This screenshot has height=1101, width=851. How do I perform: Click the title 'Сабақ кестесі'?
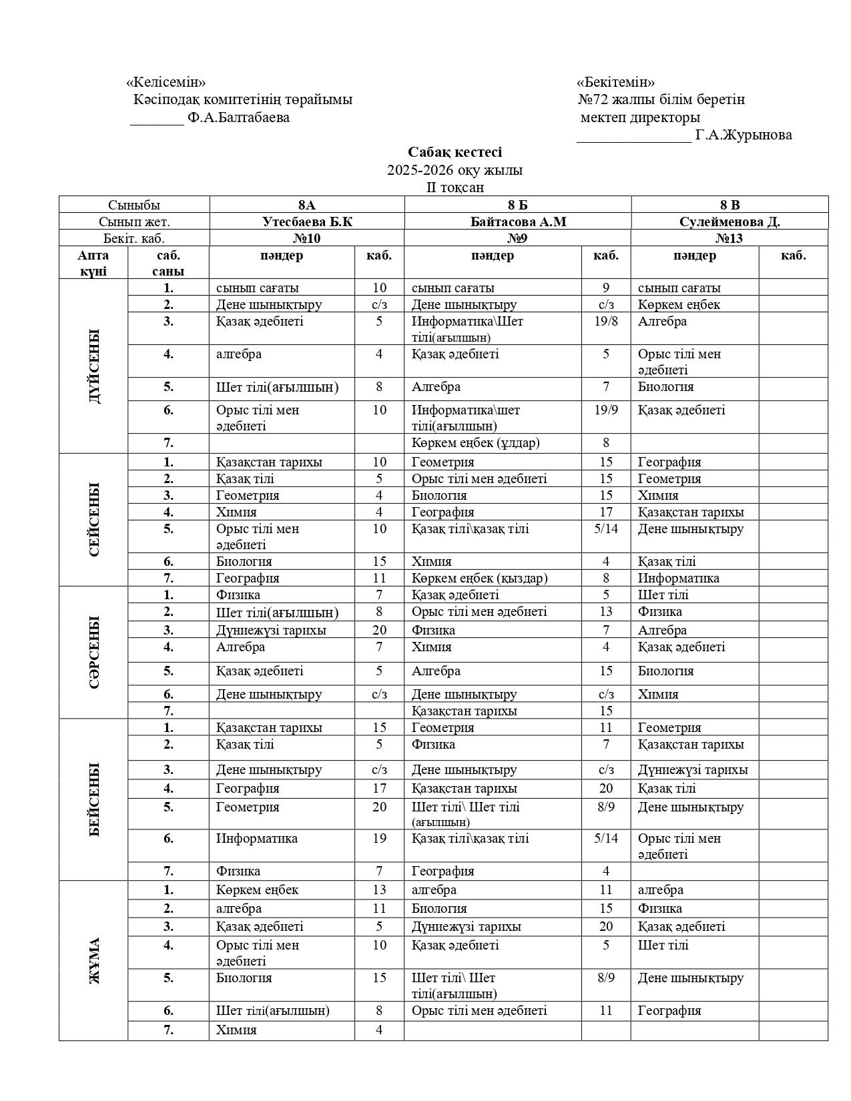point(455,152)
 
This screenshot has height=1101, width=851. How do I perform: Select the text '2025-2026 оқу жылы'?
point(455,169)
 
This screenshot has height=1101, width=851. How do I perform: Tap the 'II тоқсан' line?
point(455,187)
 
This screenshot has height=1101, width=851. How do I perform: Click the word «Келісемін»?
point(166,82)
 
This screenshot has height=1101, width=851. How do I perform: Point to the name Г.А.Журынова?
point(744,135)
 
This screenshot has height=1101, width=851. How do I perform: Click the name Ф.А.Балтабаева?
point(239,117)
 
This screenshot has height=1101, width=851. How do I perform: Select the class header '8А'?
point(307,205)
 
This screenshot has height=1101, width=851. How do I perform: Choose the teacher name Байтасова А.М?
point(518,222)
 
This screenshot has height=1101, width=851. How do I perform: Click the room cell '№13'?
point(730,238)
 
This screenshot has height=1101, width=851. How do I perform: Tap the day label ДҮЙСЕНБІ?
point(94,366)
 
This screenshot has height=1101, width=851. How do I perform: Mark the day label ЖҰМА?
point(94,960)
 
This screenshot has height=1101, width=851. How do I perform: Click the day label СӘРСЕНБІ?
point(94,652)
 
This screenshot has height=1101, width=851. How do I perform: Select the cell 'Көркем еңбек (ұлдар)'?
point(475,442)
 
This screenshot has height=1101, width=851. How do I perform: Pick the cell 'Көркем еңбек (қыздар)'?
point(479,578)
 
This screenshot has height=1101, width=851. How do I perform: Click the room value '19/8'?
point(605,321)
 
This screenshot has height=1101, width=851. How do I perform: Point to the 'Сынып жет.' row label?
point(134,222)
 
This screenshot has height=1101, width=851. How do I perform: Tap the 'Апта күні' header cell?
point(93,263)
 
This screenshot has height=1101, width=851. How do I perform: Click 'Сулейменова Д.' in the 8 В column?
point(730,222)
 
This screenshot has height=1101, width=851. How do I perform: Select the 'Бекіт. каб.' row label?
point(134,238)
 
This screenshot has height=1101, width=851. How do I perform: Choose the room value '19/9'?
point(605,410)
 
